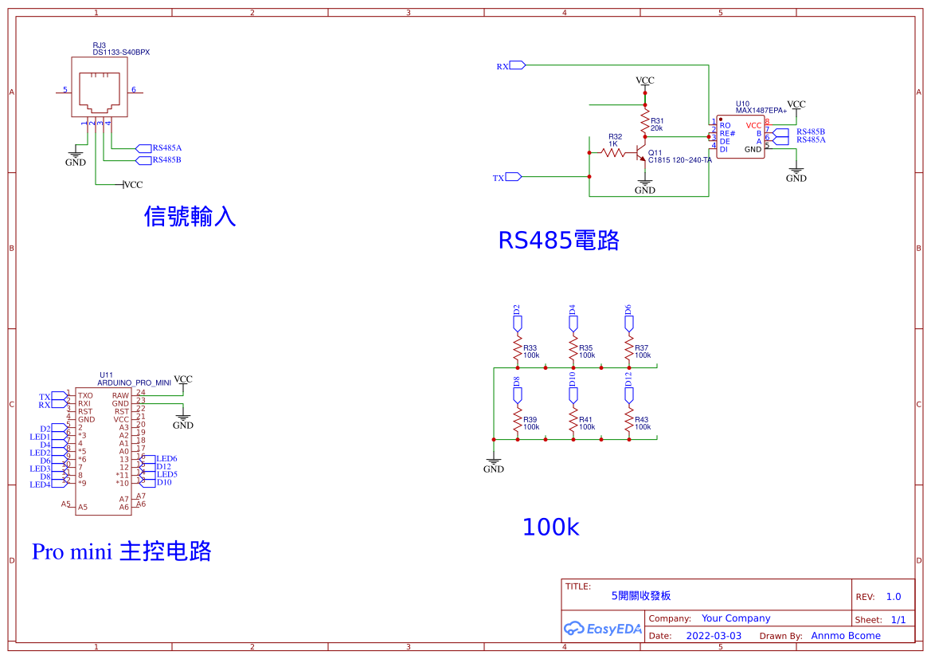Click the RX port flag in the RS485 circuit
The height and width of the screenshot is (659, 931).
(x=517, y=65)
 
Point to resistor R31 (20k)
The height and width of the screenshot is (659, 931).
(x=645, y=122)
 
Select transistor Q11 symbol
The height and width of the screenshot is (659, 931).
(x=641, y=154)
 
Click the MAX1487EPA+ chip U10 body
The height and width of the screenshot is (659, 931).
(x=740, y=137)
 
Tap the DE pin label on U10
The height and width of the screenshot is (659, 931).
(x=725, y=141)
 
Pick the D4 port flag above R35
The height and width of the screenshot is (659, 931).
(x=573, y=320)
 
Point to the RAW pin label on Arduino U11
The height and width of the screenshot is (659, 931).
(x=120, y=395)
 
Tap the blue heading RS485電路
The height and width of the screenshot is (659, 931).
(x=558, y=240)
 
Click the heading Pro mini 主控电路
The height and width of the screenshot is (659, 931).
(x=121, y=551)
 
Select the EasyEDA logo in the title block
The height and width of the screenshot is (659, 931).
(x=603, y=628)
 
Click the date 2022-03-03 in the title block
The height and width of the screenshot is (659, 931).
(x=714, y=636)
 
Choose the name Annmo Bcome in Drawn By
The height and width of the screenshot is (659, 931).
(x=846, y=636)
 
